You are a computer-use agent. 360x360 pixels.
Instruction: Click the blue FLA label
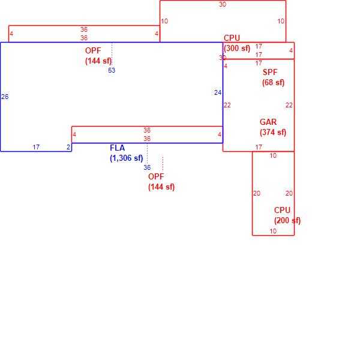118,148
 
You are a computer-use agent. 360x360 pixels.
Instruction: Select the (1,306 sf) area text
127,158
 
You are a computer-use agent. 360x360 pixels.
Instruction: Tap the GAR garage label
268,122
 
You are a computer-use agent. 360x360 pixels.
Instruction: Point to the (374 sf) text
273,133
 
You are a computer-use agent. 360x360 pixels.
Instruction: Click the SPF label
270,73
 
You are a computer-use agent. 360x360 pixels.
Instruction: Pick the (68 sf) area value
273,83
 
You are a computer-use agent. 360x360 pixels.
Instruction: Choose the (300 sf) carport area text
237,49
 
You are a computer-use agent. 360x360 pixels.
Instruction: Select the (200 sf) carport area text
287,221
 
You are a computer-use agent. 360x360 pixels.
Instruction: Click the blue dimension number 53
112,70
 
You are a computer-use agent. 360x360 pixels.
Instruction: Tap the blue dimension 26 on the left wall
5,97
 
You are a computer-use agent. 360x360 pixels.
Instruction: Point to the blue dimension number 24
218,92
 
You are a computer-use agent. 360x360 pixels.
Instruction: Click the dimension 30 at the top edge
223,4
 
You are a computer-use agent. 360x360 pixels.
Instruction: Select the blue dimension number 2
68,147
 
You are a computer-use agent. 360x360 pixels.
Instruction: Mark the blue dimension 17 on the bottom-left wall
36,147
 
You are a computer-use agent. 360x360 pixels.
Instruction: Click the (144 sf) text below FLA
161,187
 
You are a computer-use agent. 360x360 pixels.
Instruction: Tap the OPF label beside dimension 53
93,51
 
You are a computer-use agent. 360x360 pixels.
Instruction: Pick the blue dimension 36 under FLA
147,167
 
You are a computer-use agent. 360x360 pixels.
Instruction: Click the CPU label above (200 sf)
282,211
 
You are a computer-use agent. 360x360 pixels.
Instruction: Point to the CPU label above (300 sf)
232,38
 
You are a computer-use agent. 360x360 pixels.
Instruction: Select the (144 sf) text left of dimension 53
98,61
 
